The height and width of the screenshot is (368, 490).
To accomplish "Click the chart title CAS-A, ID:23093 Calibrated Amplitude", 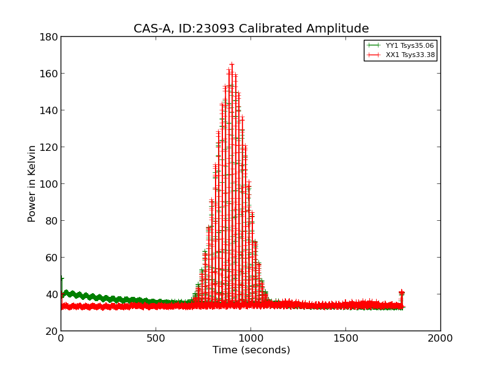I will coord(251,29).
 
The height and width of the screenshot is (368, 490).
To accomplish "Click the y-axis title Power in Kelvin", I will coord(32,183).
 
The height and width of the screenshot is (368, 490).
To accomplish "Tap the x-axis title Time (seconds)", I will coord(251,350).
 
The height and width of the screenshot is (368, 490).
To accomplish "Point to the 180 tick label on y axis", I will coord(51,37).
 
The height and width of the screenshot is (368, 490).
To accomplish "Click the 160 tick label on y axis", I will coord(51,74).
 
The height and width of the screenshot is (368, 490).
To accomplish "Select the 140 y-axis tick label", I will coord(51,110).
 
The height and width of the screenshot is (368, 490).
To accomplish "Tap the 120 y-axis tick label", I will coord(51,147).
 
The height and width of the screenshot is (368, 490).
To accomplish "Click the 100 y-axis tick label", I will coord(51,184).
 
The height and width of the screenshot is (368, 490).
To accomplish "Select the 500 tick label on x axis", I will coord(156,339).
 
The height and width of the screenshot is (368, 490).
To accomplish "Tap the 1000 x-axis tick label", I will coord(251,339).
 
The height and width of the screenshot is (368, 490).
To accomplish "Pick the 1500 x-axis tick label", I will coord(345,339).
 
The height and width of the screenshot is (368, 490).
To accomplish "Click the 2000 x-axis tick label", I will coord(440,339).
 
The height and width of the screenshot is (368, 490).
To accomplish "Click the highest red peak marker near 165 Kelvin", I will coord(232,64).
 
